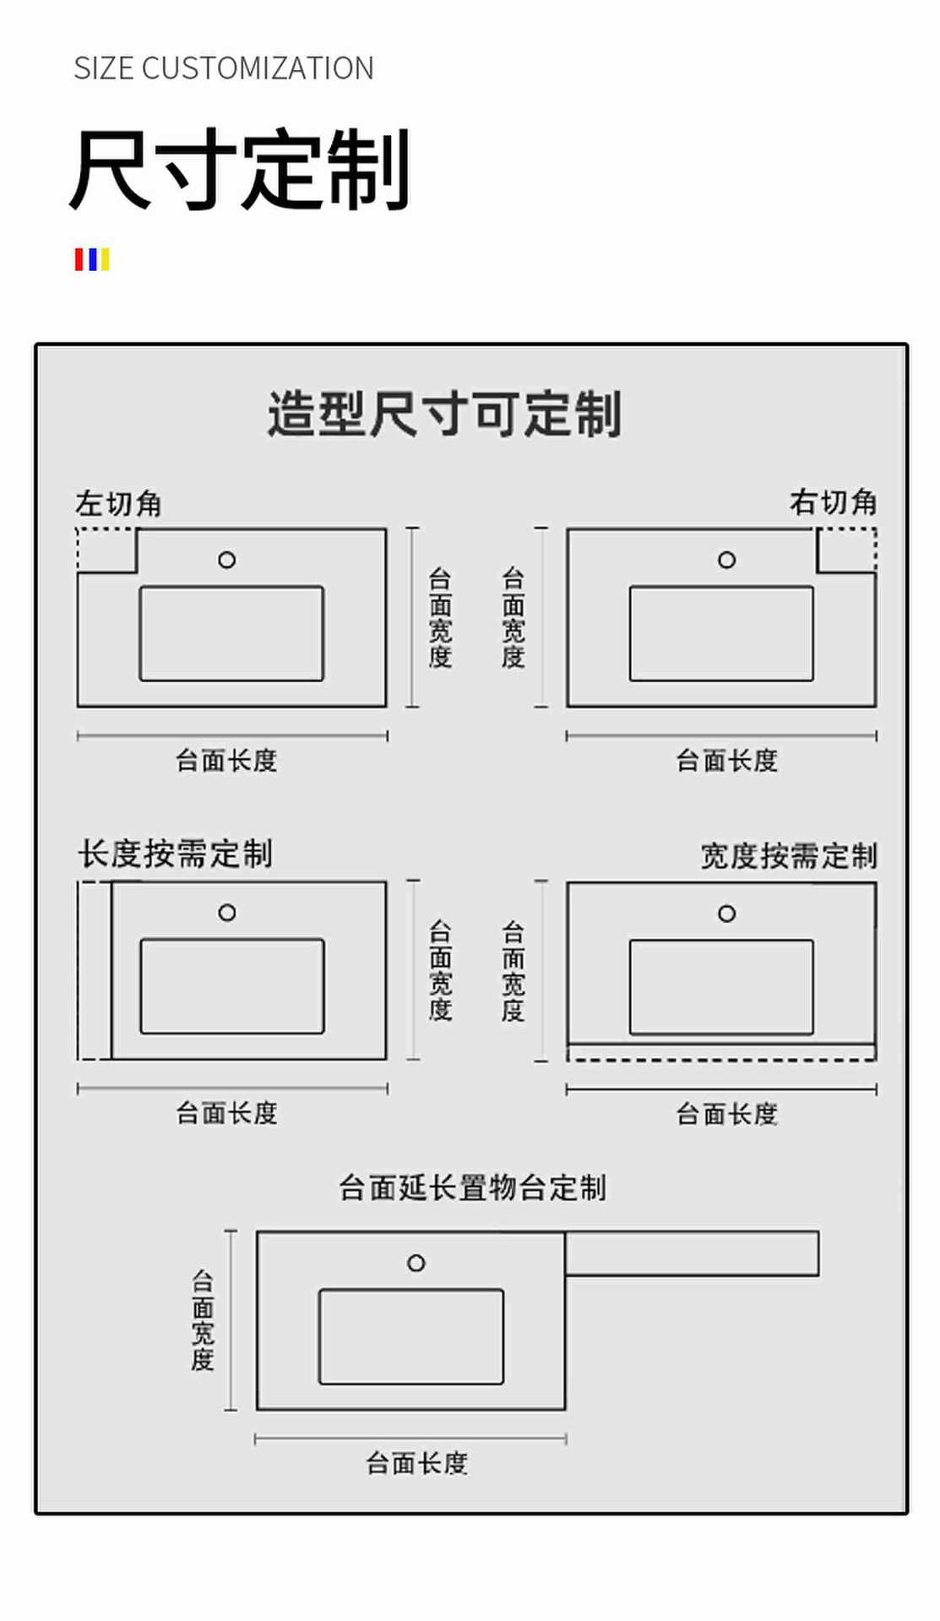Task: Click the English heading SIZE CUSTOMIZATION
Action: point(223,68)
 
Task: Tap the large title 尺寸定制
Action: point(240,169)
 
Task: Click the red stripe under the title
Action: point(79,259)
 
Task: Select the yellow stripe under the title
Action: point(105,259)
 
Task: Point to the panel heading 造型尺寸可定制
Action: point(444,415)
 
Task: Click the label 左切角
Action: point(118,504)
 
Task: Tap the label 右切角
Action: point(833,502)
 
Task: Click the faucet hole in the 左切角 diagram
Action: point(226,560)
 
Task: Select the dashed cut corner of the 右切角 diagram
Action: point(846,550)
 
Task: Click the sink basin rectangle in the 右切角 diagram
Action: point(721,633)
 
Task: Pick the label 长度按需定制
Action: point(175,854)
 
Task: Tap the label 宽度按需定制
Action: point(789,856)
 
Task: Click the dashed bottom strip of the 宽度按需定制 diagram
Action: point(720,1052)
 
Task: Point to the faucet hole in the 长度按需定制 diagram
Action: point(226,913)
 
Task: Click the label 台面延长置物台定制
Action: point(472,1188)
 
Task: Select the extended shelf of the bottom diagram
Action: point(692,1253)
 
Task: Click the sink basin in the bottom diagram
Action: point(410,1336)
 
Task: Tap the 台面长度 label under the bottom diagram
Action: point(416,1463)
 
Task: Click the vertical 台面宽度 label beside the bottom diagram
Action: point(203,1320)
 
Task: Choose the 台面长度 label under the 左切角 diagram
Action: point(226,761)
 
